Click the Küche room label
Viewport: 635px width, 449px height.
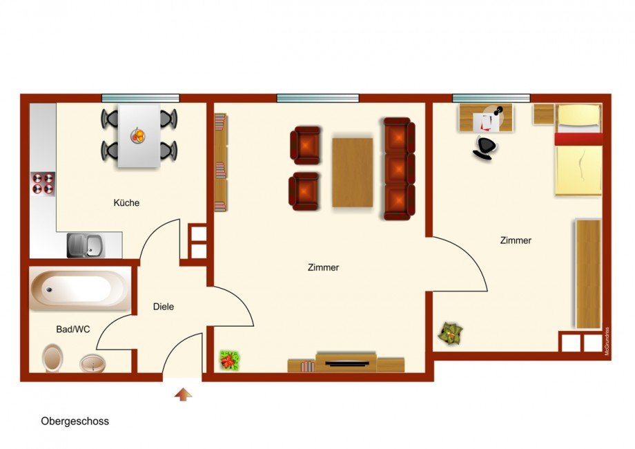[126, 203]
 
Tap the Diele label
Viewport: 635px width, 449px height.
[164, 307]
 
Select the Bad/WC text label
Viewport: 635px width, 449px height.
[73, 329]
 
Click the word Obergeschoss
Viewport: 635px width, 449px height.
[75, 421]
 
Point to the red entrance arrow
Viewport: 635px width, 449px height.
[183, 394]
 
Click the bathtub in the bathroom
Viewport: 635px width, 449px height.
[79, 289]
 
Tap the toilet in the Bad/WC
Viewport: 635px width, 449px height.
[52, 358]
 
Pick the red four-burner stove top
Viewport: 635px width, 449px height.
[43, 183]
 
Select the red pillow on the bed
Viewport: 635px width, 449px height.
[578, 139]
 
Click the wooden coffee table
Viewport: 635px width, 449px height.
[352, 173]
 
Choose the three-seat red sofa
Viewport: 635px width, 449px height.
[399, 169]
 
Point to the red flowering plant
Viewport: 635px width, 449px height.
[229, 359]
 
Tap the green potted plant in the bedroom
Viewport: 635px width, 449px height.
[451, 335]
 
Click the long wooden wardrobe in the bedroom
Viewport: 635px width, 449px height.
[588, 274]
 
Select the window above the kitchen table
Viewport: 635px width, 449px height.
[141, 97]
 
